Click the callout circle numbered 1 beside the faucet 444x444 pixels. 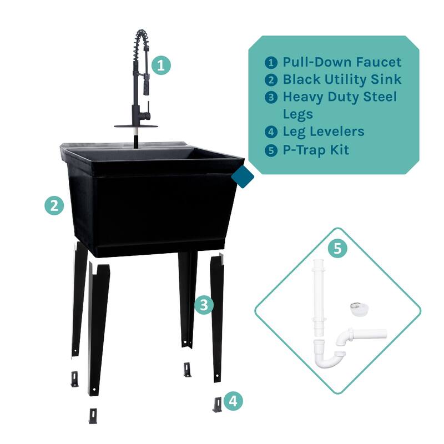pyautogui.click(x=160, y=65)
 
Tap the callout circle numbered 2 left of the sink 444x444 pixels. pyautogui.click(x=54, y=206)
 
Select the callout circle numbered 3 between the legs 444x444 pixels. pyautogui.click(x=204, y=305)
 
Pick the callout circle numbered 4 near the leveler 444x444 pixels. pyautogui.click(x=234, y=401)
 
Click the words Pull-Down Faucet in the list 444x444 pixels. pyautogui.click(x=342, y=62)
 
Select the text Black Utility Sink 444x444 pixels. pyautogui.click(x=342, y=79)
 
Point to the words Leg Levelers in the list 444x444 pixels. pyautogui.click(x=324, y=132)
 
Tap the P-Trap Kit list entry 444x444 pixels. pyautogui.click(x=316, y=149)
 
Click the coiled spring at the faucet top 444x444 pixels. pyautogui.click(x=140, y=47)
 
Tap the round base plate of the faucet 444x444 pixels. pyautogui.click(x=136, y=126)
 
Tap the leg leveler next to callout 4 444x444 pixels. pyautogui.click(x=217, y=404)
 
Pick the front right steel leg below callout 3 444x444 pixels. pyautogui.click(x=218, y=316)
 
